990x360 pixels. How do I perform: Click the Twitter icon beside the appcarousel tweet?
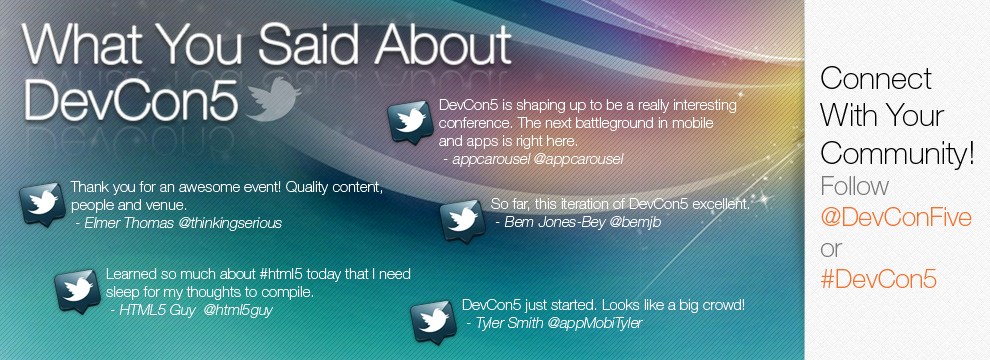tap(410, 121)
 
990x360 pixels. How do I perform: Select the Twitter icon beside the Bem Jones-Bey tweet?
tap(462, 218)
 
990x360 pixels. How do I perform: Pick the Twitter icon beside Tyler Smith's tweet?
tap(433, 322)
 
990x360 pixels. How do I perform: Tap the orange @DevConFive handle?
tap(896, 218)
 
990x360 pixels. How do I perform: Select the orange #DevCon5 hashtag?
tap(878, 280)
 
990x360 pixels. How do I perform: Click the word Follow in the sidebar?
tap(854, 186)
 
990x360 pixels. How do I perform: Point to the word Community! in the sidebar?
tap(897, 154)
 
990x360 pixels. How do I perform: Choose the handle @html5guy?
tap(238, 311)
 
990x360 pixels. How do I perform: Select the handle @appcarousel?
tap(578, 160)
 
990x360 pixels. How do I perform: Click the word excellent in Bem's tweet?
tap(720, 205)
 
